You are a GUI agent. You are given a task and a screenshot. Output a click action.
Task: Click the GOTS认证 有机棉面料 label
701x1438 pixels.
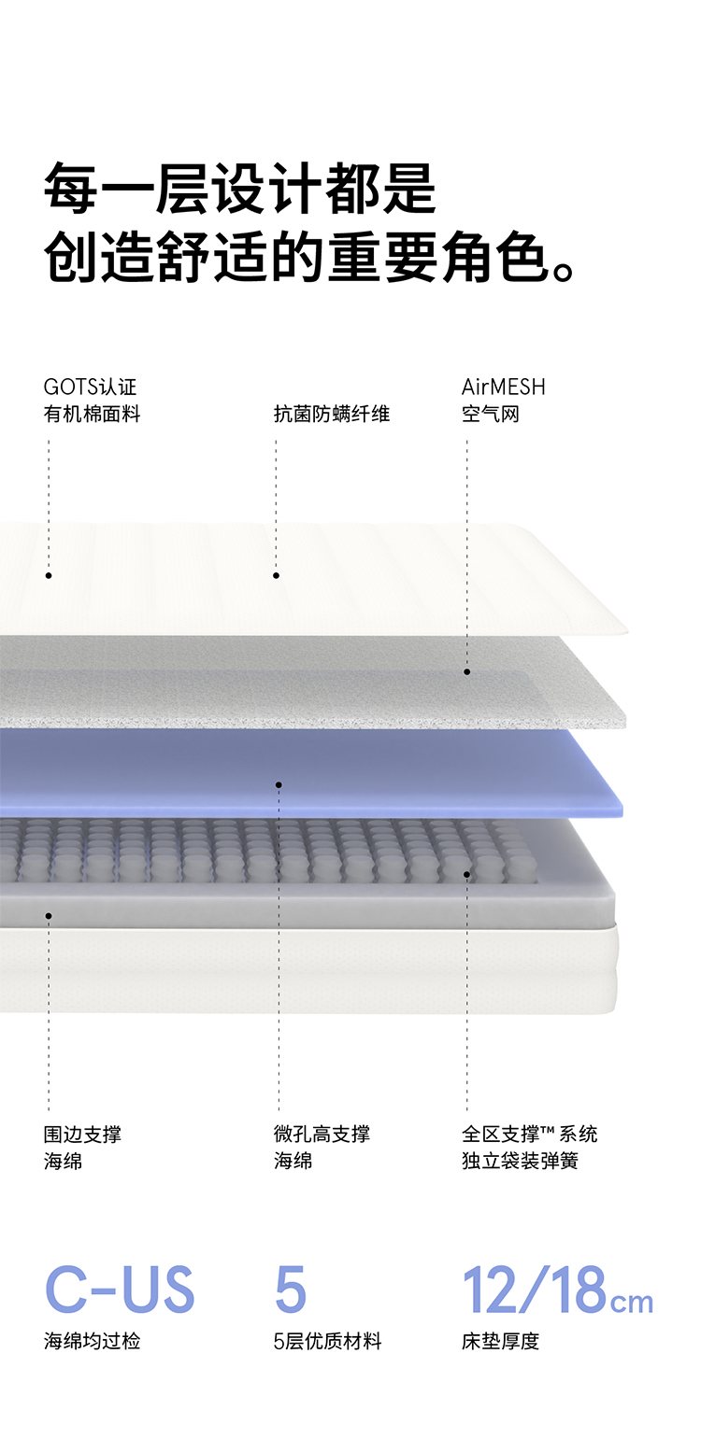pyautogui.click(x=92, y=401)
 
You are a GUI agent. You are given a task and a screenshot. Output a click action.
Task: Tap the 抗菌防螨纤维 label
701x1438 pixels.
pyautogui.click(x=331, y=414)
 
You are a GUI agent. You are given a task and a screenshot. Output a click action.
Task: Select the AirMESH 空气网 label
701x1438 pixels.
pyautogui.click(x=503, y=401)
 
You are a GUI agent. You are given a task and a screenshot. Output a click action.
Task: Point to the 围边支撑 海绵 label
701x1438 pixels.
pyautogui.click(x=82, y=1148)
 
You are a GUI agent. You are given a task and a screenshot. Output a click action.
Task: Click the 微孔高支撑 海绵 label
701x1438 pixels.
pyautogui.click(x=322, y=1148)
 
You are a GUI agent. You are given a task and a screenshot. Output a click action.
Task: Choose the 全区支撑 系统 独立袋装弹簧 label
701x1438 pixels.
pyautogui.click(x=529, y=1148)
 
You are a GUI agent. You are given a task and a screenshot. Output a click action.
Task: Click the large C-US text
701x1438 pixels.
pyautogui.click(x=120, y=1290)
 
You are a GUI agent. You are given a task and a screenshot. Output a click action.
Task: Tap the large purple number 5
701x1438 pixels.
pyautogui.click(x=290, y=1290)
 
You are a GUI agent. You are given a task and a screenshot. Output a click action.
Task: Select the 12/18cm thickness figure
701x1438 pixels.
pyautogui.click(x=557, y=1290)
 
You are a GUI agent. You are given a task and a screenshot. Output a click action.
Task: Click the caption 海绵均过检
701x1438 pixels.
pyautogui.click(x=92, y=1342)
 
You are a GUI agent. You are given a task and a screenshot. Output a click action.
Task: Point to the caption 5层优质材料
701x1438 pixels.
pyautogui.click(x=327, y=1342)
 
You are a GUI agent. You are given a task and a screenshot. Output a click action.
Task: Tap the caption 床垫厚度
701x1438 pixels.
pyautogui.click(x=500, y=1342)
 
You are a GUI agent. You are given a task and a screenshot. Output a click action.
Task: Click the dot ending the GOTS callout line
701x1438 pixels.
pyautogui.click(x=49, y=575)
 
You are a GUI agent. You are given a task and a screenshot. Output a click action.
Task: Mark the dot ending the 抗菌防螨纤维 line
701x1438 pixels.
pyautogui.click(x=276, y=575)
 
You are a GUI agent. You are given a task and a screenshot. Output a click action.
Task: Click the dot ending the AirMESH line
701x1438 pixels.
pyautogui.click(x=467, y=671)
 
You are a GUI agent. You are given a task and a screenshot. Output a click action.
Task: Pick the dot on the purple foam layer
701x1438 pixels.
pyautogui.click(x=279, y=785)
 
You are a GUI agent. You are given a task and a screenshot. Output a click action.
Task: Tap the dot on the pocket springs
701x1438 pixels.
pyautogui.click(x=467, y=875)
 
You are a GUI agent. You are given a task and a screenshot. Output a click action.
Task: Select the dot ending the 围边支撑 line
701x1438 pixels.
pyautogui.click(x=49, y=916)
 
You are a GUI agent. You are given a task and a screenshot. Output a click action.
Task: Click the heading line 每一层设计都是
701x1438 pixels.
pyautogui.click(x=239, y=189)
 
